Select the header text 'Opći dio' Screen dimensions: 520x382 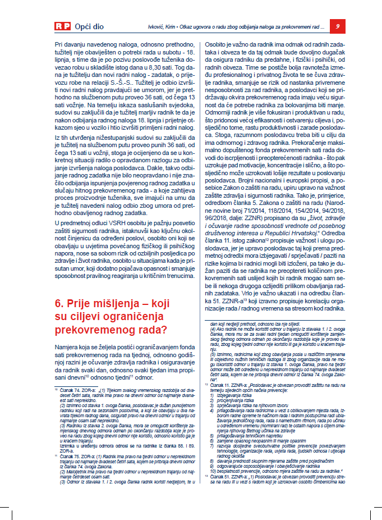(91, 26)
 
